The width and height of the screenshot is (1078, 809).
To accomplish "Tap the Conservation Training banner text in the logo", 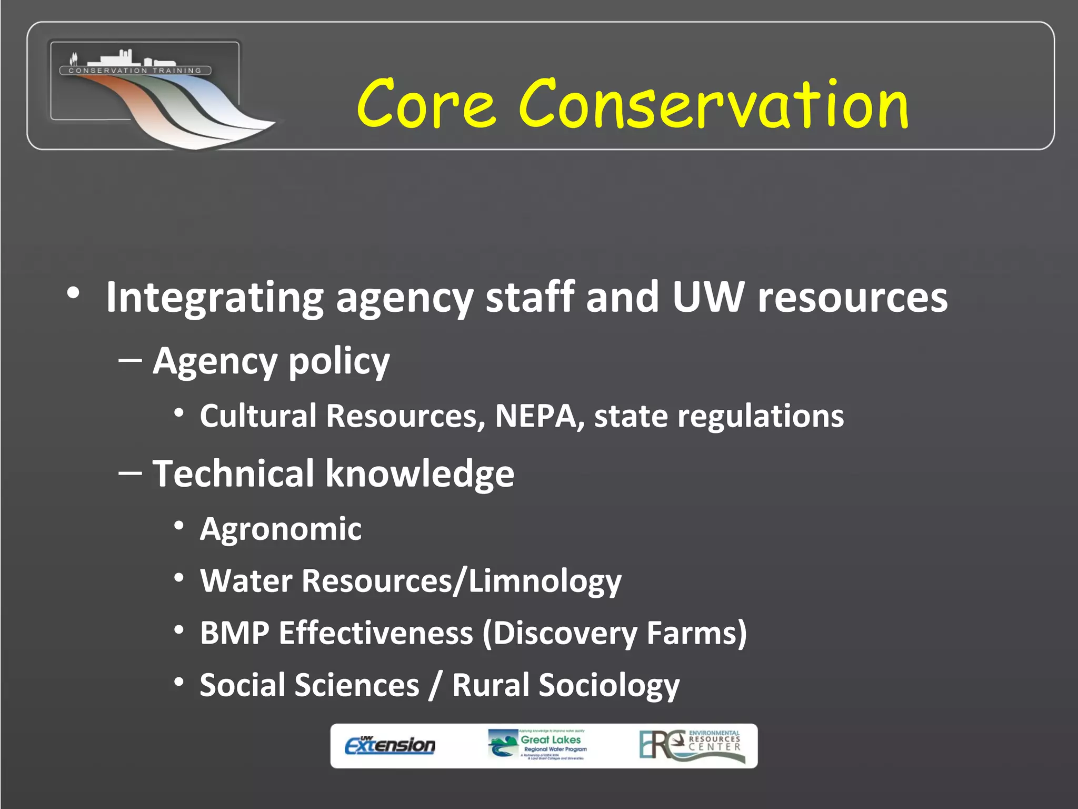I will [135, 71].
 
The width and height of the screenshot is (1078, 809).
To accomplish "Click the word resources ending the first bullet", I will [852, 298].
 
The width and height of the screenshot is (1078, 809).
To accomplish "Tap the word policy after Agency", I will [339, 362].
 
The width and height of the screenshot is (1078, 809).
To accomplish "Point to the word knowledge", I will [420, 475].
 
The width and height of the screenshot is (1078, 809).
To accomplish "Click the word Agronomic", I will [281, 529].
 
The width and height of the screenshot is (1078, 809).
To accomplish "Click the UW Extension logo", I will [390, 745].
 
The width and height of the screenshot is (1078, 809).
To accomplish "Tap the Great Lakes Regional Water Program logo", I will [537, 745].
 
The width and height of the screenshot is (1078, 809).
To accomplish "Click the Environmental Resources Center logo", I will [692, 745].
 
